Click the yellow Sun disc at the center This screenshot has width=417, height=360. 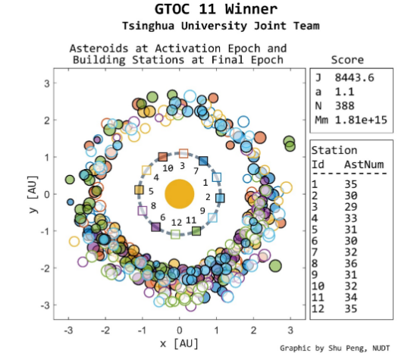click(180, 194)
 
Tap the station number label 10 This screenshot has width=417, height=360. click(168, 168)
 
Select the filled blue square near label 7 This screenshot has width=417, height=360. click(203, 161)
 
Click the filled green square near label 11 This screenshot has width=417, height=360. click(196, 231)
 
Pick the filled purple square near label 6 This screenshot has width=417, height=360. click(155, 227)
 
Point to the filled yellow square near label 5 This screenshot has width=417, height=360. click(139, 189)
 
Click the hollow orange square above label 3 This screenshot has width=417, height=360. click(183, 153)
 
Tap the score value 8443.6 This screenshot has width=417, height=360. click(354, 77)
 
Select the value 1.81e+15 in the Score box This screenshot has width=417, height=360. click(361, 120)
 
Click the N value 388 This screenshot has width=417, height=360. click(344, 106)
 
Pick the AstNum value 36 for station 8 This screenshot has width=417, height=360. click(351, 264)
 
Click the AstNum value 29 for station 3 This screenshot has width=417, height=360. click(351, 207)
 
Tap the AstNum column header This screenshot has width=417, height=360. click(364, 164)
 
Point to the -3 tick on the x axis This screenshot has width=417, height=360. click(68, 330)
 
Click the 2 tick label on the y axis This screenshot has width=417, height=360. click(47, 121)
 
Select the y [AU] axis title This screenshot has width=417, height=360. click(33, 194)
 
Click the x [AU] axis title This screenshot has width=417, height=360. click(179, 343)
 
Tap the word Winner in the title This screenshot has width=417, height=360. click(251, 9)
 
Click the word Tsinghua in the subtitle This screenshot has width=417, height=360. click(148, 26)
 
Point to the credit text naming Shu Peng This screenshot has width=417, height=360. click(335, 348)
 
